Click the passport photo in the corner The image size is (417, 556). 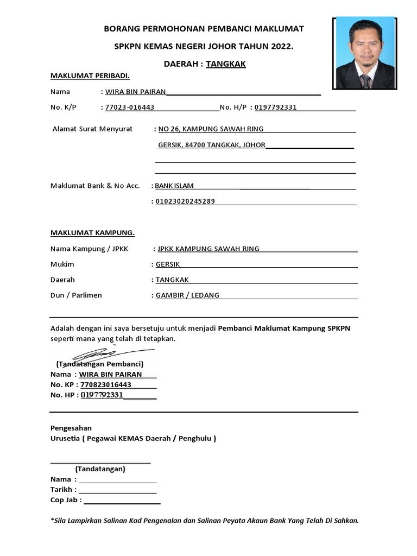(x=364, y=53)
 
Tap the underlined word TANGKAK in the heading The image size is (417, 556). (x=226, y=64)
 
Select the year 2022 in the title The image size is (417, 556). (x=280, y=47)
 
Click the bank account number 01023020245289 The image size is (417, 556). (x=185, y=201)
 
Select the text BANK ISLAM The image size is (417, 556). (x=174, y=186)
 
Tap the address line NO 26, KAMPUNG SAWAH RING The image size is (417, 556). (x=211, y=129)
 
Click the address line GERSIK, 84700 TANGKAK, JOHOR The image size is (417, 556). (x=212, y=146)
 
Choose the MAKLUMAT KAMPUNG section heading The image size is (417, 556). (x=92, y=233)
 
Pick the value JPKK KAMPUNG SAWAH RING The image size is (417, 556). (x=208, y=249)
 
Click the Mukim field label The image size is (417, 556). (x=62, y=264)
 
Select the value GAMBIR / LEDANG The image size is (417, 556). (x=187, y=295)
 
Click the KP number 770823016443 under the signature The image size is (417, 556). (x=105, y=384)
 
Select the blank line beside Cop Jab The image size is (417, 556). (x=122, y=501)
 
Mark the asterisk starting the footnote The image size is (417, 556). (x=52, y=520)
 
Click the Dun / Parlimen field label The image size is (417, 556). (x=76, y=295)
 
